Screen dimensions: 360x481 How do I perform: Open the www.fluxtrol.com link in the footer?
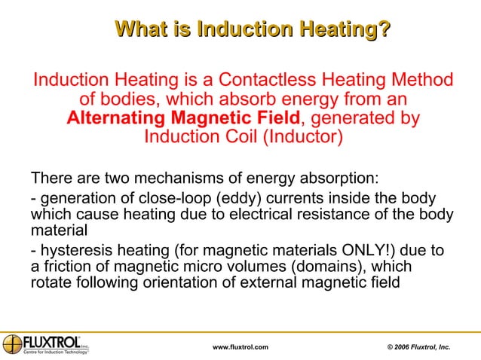coord(240,346)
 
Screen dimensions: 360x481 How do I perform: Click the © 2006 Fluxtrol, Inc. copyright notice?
coord(418,346)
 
